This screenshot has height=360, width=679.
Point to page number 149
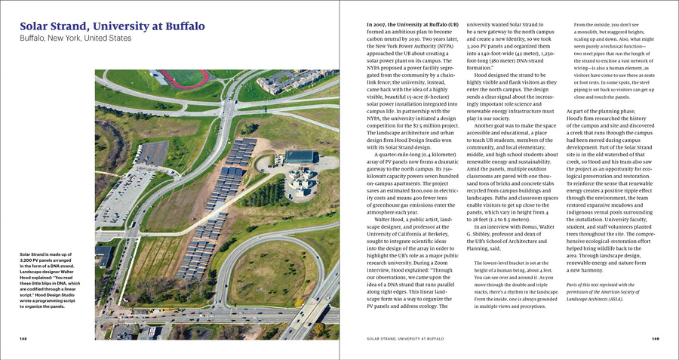pyautogui.click(x=655, y=339)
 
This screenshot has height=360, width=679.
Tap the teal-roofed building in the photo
pyautogui.click(x=300, y=156)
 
